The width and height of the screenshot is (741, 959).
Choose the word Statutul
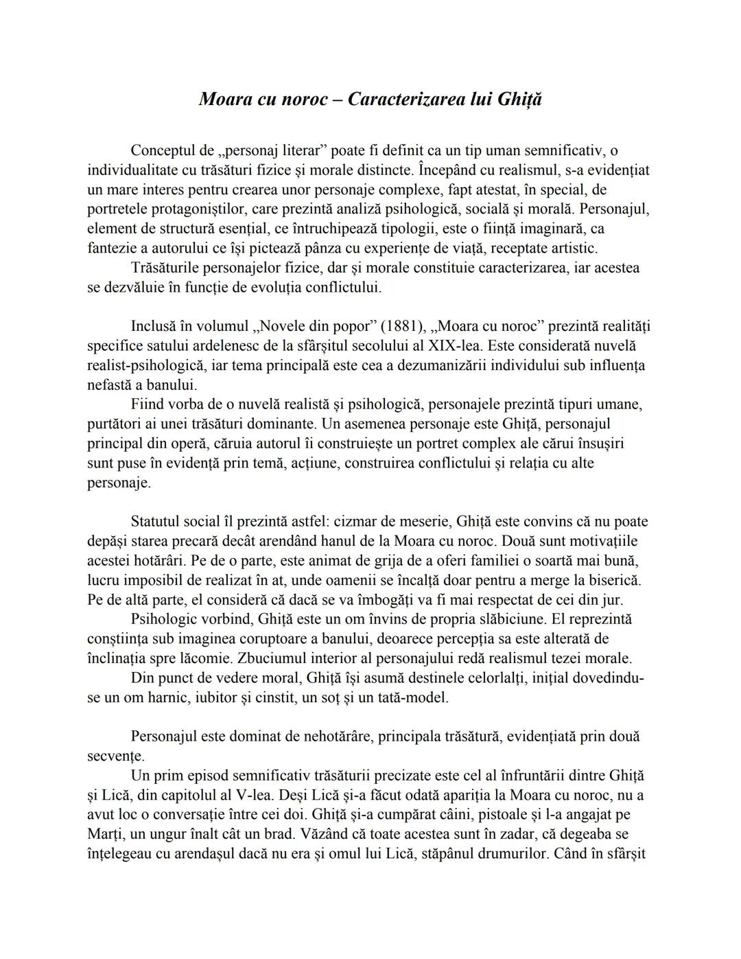coord(158,522)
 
